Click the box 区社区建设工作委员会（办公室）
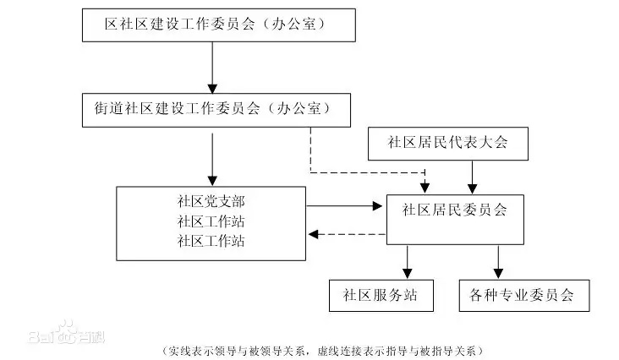click(x=219, y=25)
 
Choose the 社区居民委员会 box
click(x=455, y=210)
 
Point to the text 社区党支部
click(x=211, y=201)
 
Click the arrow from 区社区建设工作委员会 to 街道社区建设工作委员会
click(x=213, y=68)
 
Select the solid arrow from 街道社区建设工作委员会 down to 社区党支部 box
click(x=213, y=156)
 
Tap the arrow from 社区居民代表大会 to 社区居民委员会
click(x=472, y=177)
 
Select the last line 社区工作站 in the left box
click(x=211, y=240)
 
